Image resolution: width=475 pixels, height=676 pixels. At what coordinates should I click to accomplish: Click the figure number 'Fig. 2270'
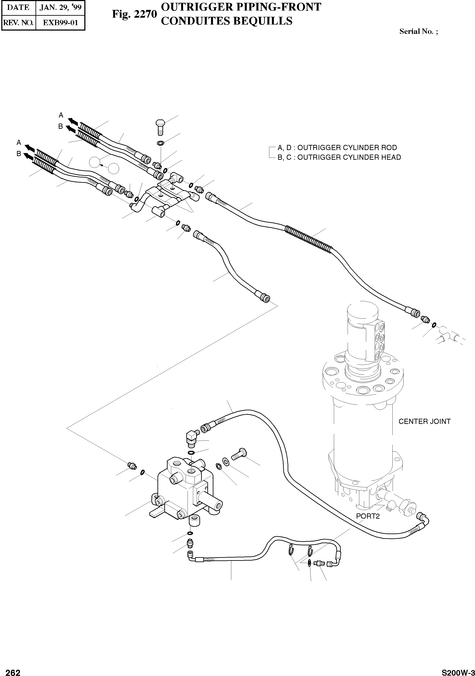(x=134, y=14)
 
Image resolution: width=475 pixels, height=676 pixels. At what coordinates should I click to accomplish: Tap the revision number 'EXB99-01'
(x=60, y=23)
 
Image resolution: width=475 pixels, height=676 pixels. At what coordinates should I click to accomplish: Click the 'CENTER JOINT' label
(x=424, y=422)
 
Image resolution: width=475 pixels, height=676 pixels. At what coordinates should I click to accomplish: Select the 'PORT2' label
(x=368, y=516)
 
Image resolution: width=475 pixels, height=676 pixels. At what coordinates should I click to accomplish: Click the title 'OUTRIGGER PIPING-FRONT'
(x=241, y=7)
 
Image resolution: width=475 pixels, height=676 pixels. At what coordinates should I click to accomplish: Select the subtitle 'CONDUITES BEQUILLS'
(x=227, y=21)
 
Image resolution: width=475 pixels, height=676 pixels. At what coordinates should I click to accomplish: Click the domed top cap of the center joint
(x=362, y=312)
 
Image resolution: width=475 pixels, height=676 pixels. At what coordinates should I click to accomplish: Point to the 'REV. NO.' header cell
(x=19, y=23)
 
